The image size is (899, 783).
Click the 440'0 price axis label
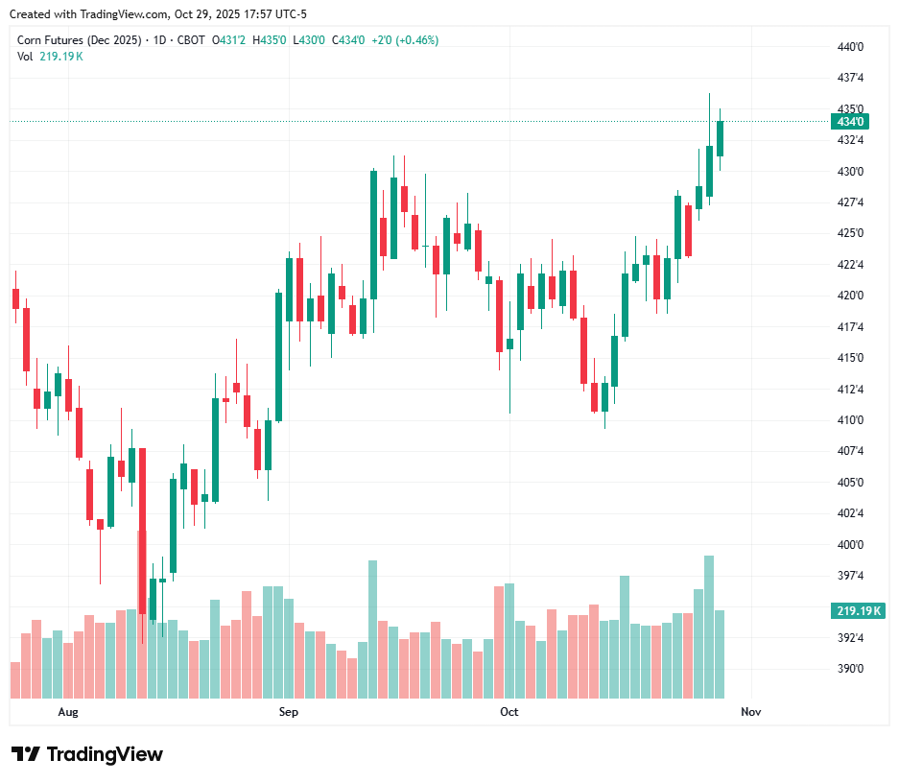850,46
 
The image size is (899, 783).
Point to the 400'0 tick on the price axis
850,544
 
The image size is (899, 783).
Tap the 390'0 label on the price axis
850,669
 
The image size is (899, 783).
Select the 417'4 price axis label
850,326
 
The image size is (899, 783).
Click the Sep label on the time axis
288,712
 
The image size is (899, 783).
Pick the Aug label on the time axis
67,712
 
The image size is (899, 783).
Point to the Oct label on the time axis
509,712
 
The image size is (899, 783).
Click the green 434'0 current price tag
850,122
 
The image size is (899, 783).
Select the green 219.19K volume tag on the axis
858,611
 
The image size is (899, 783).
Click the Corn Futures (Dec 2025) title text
80,40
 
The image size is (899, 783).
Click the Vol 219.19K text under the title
50,56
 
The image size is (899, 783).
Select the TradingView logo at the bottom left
86,754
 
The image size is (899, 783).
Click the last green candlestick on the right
720,138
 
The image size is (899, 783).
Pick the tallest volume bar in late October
709,627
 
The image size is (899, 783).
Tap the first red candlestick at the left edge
15,298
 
